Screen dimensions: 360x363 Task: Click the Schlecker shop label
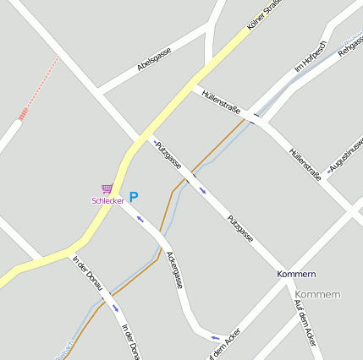pos(107,200)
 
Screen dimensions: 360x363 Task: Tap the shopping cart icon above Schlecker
pos(107,189)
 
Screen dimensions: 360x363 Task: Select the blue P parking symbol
pos(133,197)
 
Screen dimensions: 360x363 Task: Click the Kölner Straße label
pos(263,16)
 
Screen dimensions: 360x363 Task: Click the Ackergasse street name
pos(174,270)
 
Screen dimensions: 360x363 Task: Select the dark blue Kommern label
pos(296,275)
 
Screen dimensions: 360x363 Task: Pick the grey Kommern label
pos(320,294)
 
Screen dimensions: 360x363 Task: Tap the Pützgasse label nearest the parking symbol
pos(168,153)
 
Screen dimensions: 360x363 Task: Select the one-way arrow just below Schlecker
pos(140,220)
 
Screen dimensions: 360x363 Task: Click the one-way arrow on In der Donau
pos(115,308)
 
